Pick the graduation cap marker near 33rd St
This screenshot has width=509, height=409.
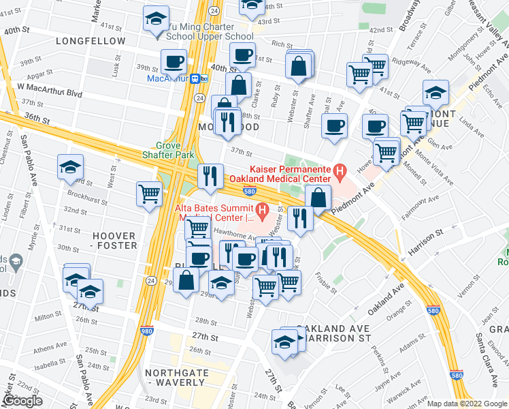70,168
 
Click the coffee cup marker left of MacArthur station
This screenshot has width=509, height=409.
174,61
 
